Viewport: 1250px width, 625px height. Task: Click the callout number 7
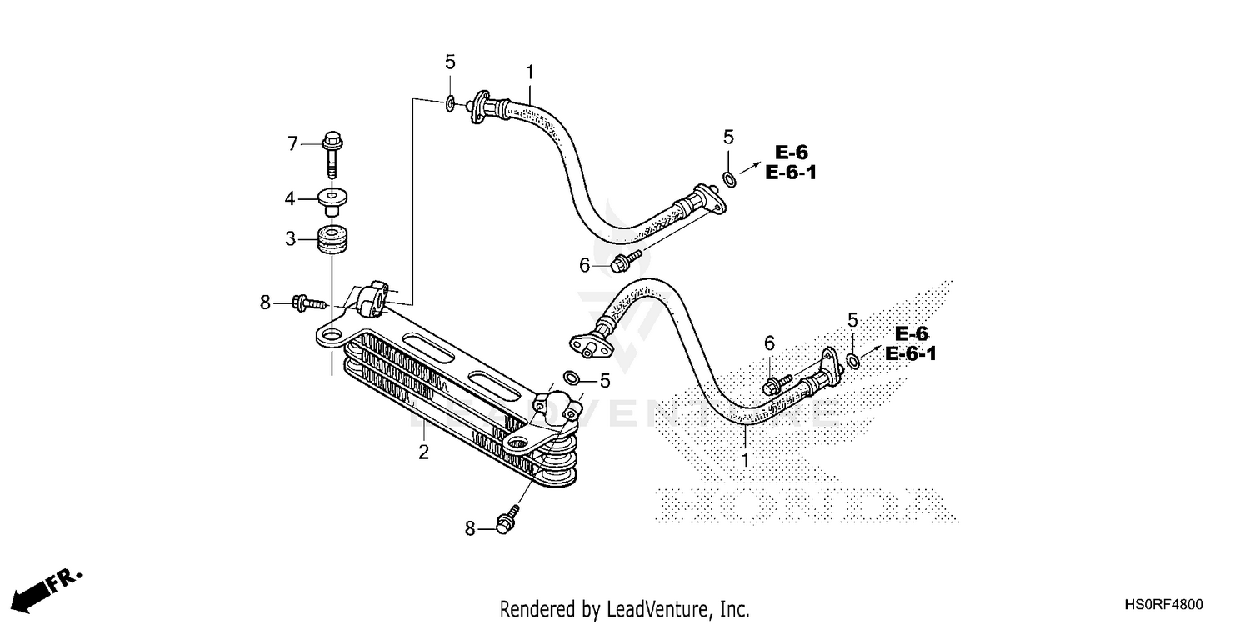(292, 144)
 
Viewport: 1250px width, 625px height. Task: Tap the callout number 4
(290, 198)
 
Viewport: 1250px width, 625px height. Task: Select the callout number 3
(290, 238)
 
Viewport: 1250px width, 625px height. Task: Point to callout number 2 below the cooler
(423, 452)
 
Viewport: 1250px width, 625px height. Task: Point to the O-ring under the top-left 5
(450, 103)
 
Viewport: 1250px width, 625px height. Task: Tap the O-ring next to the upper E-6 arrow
(729, 178)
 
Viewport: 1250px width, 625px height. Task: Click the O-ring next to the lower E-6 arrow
(853, 360)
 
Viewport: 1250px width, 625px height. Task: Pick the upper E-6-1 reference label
(792, 172)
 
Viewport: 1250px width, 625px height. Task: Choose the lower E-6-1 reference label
(911, 353)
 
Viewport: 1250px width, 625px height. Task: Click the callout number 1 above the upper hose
(530, 72)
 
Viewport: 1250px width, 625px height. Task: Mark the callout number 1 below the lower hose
(746, 459)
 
